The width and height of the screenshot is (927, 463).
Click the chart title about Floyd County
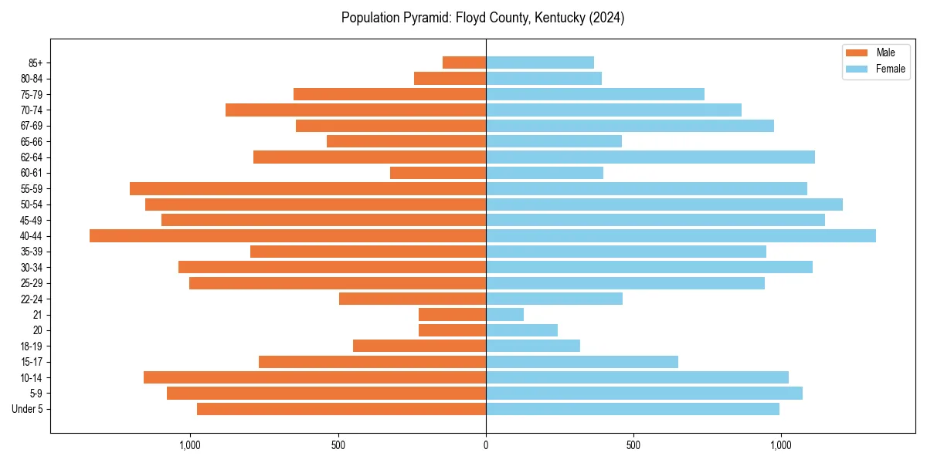point(483,18)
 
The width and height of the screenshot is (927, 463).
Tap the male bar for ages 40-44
point(287,235)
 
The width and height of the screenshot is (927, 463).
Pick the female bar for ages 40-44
point(681,235)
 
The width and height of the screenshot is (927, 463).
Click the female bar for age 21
point(504,314)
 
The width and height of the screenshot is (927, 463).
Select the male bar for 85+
point(464,63)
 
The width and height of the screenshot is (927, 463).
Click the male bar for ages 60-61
point(438,173)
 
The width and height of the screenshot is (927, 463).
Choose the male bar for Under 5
point(341,409)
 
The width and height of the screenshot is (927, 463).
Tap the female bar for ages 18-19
point(533,346)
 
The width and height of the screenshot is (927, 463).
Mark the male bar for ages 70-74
point(355,110)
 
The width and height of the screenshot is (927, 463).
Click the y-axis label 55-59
point(32,188)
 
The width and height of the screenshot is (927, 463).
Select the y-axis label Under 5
point(28,409)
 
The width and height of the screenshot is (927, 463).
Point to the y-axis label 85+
point(35,63)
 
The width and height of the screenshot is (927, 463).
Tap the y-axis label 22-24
point(32,299)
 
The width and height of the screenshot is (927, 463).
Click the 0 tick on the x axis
point(486,444)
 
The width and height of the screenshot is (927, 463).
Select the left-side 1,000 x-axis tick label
point(189,444)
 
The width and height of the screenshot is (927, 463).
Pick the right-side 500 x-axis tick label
point(633,444)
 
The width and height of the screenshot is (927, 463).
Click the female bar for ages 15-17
point(582,362)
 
